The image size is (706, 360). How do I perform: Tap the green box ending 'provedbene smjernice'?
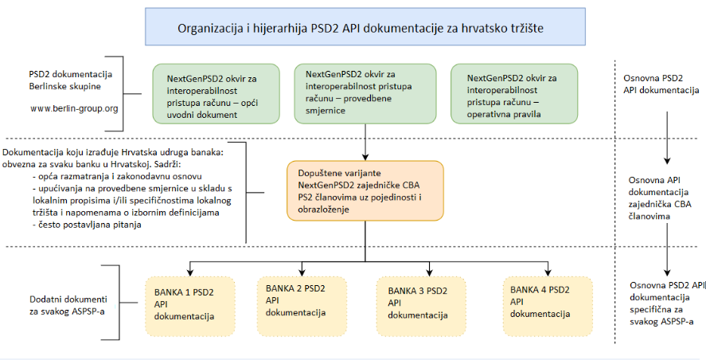(x=365, y=93)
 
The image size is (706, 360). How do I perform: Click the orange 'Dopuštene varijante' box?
(x=365, y=191)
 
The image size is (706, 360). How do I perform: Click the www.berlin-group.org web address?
(x=73, y=108)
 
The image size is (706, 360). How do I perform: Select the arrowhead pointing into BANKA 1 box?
(x=190, y=271)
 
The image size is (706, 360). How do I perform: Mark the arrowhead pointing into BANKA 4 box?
(x=548, y=271)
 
